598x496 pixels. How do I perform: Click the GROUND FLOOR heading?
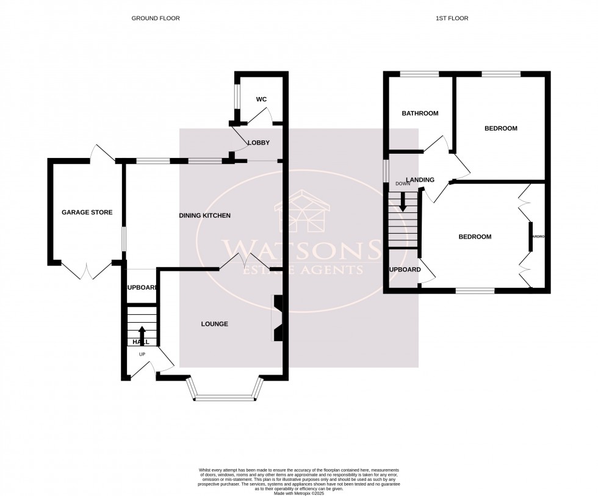coord(156,18)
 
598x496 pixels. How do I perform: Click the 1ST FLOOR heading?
coord(452,18)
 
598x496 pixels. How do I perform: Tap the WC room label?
coord(261,99)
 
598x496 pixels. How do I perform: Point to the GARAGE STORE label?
coord(87,212)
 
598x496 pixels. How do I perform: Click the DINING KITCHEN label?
coord(204,216)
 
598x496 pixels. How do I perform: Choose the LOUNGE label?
coord(214,324)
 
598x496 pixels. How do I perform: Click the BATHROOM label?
coord(420,113)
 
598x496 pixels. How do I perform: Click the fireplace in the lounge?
coord(278,317)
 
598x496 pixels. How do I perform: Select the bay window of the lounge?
coord(225,398)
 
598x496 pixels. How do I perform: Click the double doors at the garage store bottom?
coord(87,271)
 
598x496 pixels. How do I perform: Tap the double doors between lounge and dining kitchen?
coord(243,262)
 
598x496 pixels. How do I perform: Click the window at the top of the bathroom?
coord(420,74)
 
